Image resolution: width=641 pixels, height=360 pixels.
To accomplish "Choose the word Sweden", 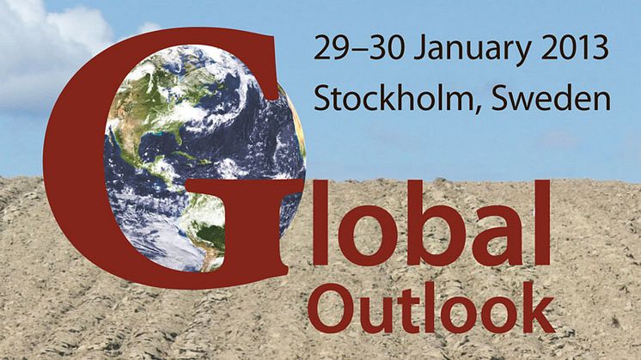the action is click(x=551, y=97).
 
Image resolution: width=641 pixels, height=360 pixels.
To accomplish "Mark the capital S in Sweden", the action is click(x=503, y=97).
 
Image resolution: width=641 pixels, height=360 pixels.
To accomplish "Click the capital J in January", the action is click(x=420, y=47).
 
